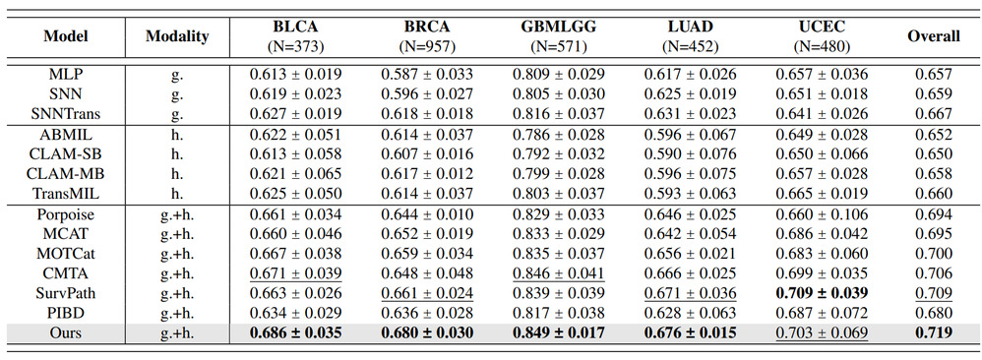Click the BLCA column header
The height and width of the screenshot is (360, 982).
295,27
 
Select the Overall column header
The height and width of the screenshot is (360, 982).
934,36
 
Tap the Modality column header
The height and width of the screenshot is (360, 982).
176,36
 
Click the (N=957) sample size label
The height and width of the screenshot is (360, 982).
427,45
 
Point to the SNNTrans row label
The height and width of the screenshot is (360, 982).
65,114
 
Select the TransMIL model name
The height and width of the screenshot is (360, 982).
65,194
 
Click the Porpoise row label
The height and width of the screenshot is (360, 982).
65,214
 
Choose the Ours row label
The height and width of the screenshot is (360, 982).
65,333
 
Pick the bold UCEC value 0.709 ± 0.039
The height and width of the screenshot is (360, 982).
823,293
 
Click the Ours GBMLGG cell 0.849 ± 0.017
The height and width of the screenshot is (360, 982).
559,333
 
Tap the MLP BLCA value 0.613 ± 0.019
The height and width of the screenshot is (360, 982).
295,74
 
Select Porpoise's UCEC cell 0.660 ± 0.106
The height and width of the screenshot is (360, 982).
823,214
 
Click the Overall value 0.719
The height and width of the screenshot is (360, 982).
934,333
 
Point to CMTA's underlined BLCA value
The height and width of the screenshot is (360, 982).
295,273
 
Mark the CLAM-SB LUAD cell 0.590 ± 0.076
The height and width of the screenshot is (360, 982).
690,154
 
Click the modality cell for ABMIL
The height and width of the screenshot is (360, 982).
176,134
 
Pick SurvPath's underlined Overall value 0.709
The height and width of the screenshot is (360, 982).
934,293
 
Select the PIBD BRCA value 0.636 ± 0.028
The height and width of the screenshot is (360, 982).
427,313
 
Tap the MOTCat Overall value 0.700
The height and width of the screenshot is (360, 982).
934,254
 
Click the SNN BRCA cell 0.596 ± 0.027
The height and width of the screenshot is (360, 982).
427,93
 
